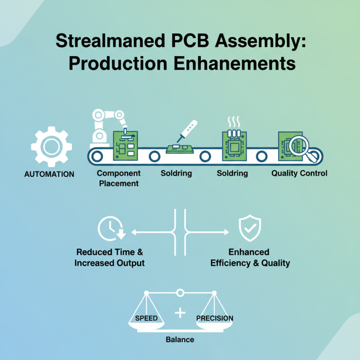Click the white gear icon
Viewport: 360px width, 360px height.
point(51,147)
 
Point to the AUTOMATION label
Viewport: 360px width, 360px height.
point(49,174)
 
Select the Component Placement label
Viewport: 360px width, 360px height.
point(119,178)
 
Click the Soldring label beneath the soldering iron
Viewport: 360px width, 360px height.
point(176,173)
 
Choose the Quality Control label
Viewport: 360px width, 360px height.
point(299,173)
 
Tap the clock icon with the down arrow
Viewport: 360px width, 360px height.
point(110,228)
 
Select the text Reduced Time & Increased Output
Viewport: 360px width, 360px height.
point(109,257)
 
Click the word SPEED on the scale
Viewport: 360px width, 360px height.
point(146,318)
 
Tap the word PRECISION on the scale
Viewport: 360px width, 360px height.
point(215,318)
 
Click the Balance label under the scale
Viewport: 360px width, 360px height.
point(180,339)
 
